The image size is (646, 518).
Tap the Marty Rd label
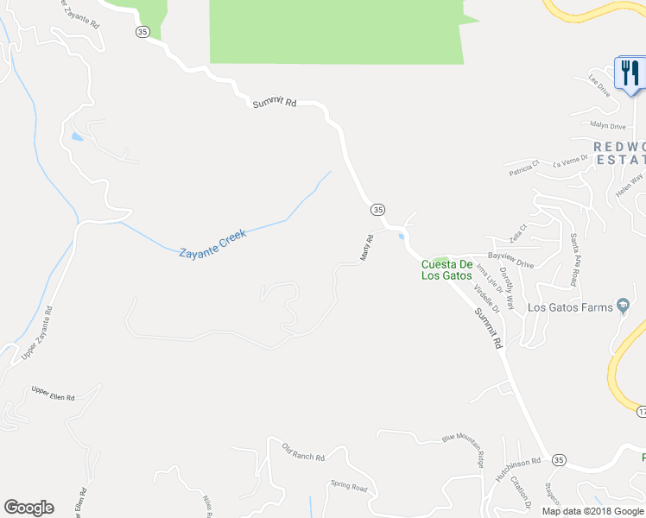366,247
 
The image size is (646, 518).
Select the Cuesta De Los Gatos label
446,270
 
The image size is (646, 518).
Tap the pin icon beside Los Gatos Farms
623,306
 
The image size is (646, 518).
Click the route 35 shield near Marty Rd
377,210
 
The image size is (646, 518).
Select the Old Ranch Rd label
302,451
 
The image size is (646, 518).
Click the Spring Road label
349,488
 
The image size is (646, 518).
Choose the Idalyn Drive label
607,125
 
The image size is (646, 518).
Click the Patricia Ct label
522,164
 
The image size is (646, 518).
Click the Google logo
28,508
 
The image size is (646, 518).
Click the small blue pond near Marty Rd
402,237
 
